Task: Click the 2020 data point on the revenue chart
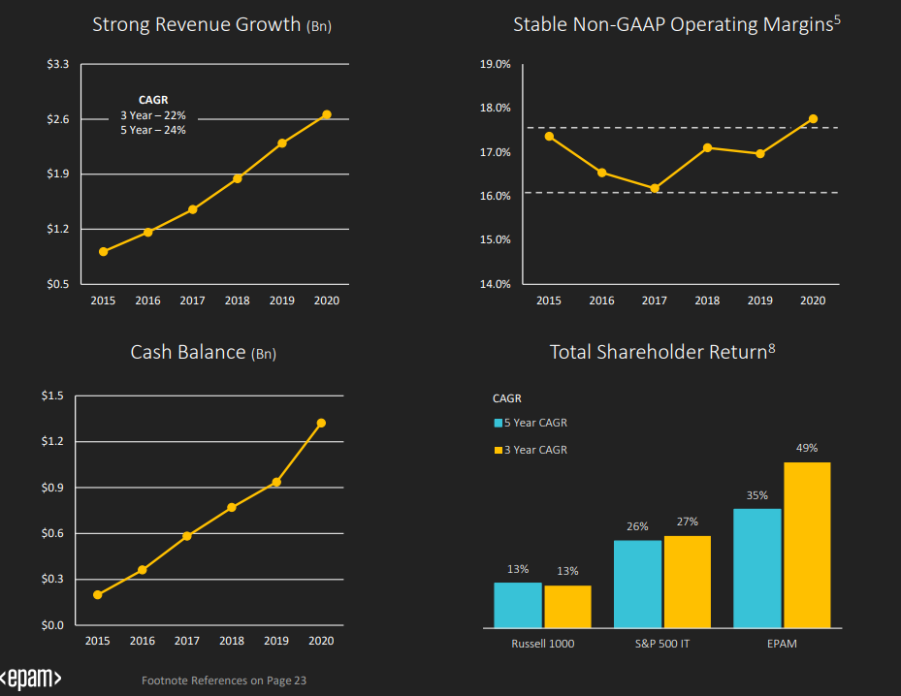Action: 327,114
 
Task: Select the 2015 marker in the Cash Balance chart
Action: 98,594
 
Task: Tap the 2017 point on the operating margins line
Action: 655,188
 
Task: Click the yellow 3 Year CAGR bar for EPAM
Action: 807,545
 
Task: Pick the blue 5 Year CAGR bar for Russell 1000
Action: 517,605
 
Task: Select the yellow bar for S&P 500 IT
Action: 688,582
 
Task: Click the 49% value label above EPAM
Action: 807,448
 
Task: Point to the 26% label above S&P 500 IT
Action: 637,526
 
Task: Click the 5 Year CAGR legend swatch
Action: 498,423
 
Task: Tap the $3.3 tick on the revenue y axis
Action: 58,64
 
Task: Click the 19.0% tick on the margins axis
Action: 497,65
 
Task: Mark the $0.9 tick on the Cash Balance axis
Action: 52,488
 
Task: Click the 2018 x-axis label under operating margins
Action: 707,301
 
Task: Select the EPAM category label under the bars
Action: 781,644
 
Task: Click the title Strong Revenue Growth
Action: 197,24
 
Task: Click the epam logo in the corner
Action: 31,679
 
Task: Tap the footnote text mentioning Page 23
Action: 224,680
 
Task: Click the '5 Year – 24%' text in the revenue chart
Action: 153,129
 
